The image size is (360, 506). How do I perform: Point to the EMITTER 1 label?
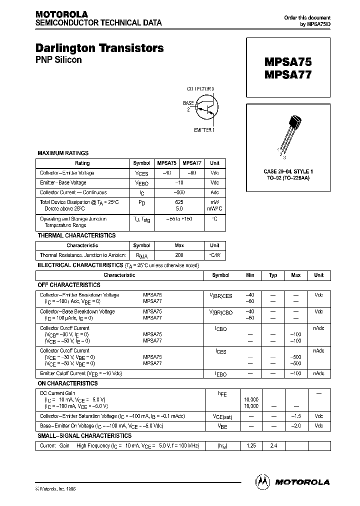tap(204, 130)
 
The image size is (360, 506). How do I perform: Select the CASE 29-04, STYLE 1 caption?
tap(288, 171)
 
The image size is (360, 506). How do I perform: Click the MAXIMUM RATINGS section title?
tap(63, 153)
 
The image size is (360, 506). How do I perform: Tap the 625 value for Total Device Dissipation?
tap(179, 202)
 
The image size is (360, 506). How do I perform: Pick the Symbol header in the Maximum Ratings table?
tap(141, 163)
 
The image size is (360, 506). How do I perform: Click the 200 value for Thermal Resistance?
tap(179, 255)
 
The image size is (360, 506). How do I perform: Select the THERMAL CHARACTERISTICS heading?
tap(76, 235)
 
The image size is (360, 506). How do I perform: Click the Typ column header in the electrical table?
tap(273, 275)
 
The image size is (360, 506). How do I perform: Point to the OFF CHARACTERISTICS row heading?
tap(69, 285)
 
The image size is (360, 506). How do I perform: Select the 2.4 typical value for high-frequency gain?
tap(273, 445)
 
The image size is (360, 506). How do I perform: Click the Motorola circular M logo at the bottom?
tap(262, 481)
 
